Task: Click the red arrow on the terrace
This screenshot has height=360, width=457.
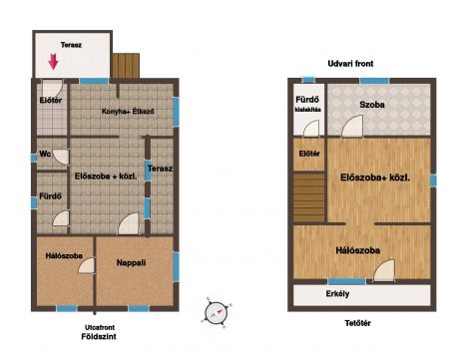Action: tap(53, 62)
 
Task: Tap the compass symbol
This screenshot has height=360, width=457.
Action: tap(216, 312)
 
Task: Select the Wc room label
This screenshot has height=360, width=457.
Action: tap(45, 154)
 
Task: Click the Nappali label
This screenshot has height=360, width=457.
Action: tap(131, 263)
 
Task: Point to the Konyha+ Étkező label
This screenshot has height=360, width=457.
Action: tap(128, 112)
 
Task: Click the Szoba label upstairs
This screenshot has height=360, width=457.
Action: tap(372, 105)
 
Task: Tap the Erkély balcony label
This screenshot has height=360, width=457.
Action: tap(337, 294)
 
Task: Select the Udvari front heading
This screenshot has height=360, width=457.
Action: tap(350, 64)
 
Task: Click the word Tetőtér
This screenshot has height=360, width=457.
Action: tap(358, 323)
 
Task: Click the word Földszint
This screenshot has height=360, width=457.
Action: tap(99, 337)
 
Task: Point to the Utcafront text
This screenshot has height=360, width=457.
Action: tap(100, 327)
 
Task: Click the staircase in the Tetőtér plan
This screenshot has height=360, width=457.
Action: tap(309, 197)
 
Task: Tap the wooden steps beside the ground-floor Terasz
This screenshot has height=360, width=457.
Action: tap(126, 66)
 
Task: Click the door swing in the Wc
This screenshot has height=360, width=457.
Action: tap(61, 157)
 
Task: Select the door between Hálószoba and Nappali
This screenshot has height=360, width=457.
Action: tap(87, 266)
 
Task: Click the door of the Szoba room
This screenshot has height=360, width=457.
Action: tap(352, 126)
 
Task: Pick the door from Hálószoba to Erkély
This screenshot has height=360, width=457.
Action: tap(384, 270)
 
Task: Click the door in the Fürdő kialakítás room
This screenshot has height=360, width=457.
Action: tap(311, 129)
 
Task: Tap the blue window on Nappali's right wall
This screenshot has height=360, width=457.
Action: tap(176, 267)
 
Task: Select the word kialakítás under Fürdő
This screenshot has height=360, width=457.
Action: tap(308, 110)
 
